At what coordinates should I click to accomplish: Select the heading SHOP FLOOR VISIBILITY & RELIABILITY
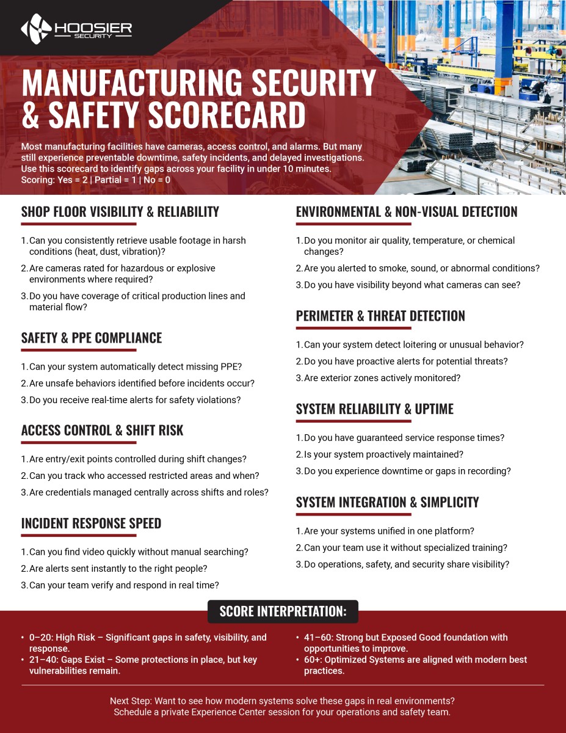click(120, 212)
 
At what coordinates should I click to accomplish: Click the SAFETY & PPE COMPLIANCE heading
click(92, 338)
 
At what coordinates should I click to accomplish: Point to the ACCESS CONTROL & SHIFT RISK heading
click(102, 430)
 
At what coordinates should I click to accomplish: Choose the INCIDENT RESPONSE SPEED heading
click(91, 523)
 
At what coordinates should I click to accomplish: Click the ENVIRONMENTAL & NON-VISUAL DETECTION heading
click(406, 212)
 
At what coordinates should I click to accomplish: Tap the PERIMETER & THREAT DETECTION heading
click(380, 316)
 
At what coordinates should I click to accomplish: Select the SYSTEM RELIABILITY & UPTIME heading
click(374, 409)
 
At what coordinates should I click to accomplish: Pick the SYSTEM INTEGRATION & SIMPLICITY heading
click(387, 502)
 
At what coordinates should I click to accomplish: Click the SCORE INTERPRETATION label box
click(283, 611)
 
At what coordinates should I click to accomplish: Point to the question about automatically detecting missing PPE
click(135, 366)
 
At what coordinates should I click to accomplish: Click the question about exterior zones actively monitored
click(382, 378)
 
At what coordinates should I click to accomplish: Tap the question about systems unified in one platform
click(389, 531)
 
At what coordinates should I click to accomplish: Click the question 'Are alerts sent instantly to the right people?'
click(118, 569)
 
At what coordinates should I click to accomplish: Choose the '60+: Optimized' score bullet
click(415, 665)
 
